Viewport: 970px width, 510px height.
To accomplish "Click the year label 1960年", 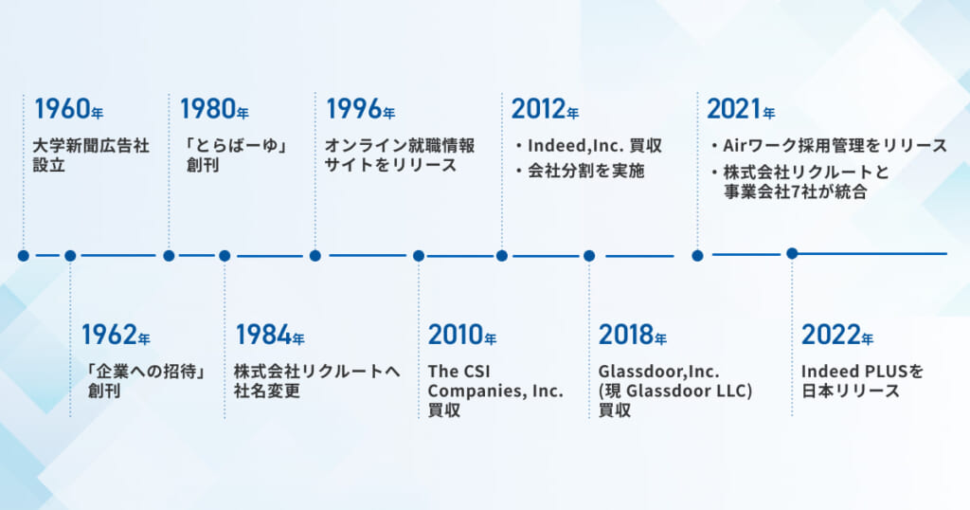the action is click(68, 109).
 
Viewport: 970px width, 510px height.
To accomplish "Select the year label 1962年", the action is click(116, 335).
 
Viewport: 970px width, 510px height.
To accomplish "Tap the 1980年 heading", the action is click(214, 109).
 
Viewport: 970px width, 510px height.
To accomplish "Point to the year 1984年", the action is click(269, 335).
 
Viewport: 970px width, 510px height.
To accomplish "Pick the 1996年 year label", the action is click(360, 109).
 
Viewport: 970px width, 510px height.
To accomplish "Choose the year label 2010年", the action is click(462, 335).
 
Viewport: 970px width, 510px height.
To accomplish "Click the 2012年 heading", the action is click(545, 109).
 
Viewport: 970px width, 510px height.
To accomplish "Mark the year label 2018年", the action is click(632, 335).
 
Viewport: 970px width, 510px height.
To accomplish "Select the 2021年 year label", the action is click(741, 109).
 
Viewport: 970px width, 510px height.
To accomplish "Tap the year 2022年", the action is click(837, 335).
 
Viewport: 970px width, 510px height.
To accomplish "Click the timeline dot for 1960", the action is click(24, 256).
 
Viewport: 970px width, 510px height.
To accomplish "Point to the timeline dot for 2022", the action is click(792, 253).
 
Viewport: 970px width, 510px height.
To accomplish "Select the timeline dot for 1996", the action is click(314, 256).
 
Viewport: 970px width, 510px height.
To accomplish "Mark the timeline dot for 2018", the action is click(589, 256).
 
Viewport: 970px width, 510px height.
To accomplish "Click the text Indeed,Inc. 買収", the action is click(595, 145).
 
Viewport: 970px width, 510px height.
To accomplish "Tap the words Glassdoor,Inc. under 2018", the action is click(659, 372).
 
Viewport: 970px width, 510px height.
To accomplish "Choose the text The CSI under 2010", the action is click(458, 372).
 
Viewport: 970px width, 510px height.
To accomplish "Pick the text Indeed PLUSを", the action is click(862, 372).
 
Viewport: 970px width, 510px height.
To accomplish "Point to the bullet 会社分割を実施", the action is click(585, 171).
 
